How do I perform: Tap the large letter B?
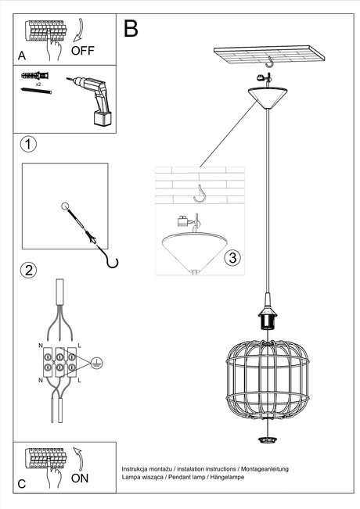131,29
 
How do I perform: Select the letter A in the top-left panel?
22,56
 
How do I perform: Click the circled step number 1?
28,145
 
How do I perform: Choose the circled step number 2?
28,271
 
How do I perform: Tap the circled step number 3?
230,257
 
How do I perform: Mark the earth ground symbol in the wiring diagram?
95,362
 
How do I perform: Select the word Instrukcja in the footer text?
136,468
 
